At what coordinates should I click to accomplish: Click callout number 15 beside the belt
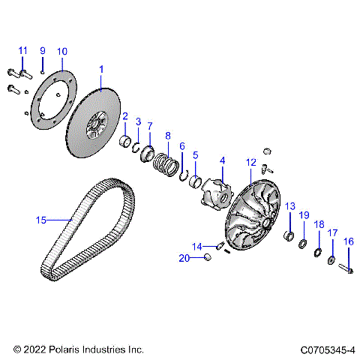coord(42,220)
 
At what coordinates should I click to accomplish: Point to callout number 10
coord(61,51)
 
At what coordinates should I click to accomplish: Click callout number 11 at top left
coord(22,50)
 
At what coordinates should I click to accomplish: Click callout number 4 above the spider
coord(222,160)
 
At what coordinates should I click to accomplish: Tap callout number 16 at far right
coord(348,241)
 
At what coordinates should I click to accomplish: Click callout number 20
coord(184,258)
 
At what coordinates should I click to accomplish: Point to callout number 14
coord(196,246)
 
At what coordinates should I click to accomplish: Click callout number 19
coord(304,215)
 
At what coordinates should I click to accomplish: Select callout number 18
coord(318,224)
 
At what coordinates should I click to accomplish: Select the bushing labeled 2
coord(127,141)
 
